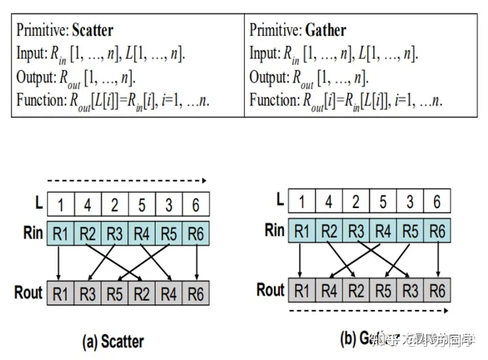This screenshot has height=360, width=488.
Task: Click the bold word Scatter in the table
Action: [x=92, y=30]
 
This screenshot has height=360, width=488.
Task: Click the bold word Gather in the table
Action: [x=326, y=30]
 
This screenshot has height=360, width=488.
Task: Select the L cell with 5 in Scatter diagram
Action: [x=142, y=204]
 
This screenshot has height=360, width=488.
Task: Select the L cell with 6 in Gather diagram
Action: [x=438, y=201]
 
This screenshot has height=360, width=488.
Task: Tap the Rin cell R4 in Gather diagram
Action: [x=384, y=231]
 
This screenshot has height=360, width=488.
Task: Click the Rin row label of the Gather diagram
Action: [x=274, y=230]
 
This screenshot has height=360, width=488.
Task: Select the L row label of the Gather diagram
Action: [x=279, y=200]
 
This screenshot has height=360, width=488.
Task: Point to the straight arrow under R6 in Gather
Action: [x=438, y=259]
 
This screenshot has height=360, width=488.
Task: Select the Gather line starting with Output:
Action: [x=308, y=77]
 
